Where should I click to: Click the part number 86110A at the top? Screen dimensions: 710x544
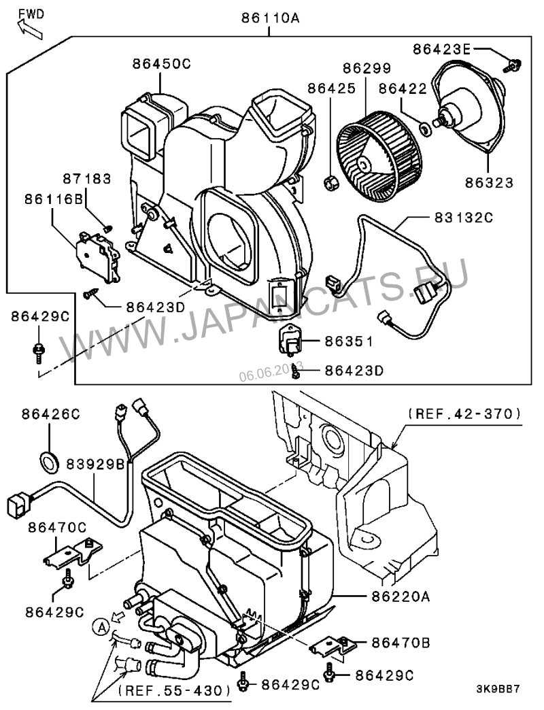pos(270,19)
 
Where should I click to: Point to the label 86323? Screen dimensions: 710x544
pos(489,182)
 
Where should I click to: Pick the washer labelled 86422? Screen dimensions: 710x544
pos(424,126)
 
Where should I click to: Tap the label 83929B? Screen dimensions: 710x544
pos(95,464)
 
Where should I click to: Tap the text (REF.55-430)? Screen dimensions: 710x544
pos(174,690)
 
